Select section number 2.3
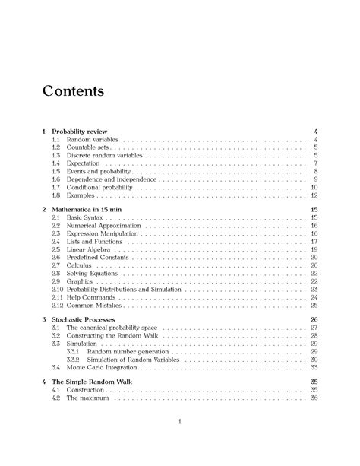click(55, 233)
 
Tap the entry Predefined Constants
click(97, 258)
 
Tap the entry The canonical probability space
click(111, 328)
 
